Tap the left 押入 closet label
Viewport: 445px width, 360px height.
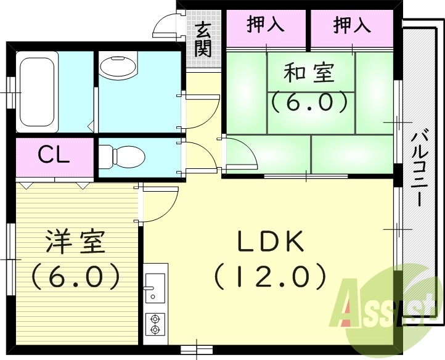(x=266, y=25)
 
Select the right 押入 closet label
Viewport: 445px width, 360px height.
(x=352, y=25)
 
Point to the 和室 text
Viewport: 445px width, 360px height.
(x=309, y=73)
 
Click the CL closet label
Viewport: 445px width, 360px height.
(x=54, y=155)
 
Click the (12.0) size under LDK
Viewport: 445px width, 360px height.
(x=270, y=276)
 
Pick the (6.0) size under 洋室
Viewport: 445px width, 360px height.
(x=75, y=276)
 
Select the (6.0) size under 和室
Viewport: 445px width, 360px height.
(x=309, y=101)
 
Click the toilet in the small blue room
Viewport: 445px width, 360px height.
(x=122, y=155)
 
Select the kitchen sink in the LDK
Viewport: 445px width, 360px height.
(x=155, y=289)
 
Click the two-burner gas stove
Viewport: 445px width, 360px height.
(x=155, y=324)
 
